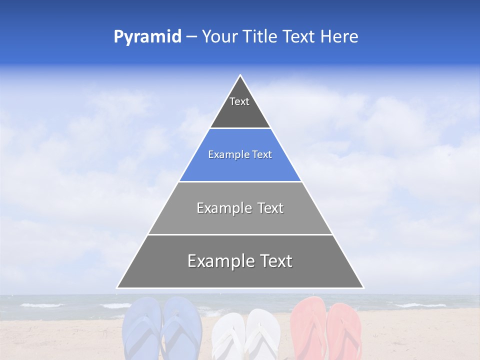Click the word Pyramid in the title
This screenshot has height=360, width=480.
coord(147,37)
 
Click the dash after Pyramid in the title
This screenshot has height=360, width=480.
coord(191,37)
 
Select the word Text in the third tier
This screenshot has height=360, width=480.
coord(267,208)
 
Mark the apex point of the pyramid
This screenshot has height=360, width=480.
coord(240,76)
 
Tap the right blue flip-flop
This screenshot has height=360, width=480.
coord(181,327)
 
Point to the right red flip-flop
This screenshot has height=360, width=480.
coord(344,330)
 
